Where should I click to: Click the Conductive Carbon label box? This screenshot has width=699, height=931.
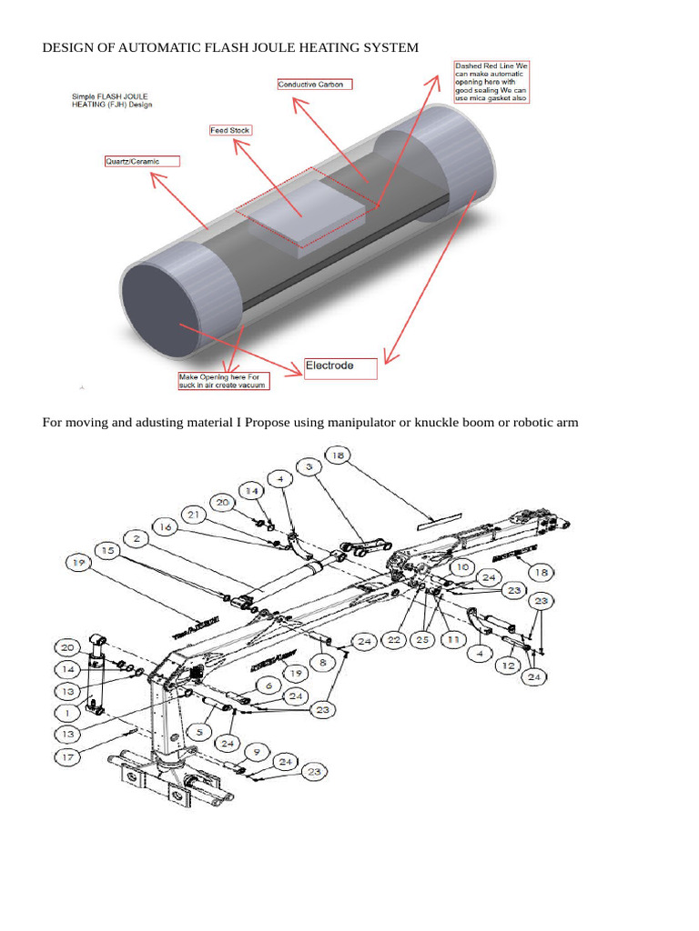[314, 85]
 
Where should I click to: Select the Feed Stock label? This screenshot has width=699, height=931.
[230, 130]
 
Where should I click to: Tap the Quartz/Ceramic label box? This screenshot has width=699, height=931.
[142, 161]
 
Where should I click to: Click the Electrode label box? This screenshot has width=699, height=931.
[339, 367]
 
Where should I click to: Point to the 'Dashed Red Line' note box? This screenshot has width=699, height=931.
[491, 82]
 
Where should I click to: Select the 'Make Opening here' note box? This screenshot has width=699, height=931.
[223, 380]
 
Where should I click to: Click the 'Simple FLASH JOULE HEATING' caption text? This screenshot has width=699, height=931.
[112, 100]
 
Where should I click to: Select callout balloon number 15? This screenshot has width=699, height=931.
[108, 550]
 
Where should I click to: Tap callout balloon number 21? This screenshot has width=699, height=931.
[192, 516]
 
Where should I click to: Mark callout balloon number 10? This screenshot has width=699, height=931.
[463, 566]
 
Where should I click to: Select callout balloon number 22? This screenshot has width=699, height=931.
[393, 640]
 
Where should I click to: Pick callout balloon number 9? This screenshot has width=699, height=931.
[257, 752]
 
